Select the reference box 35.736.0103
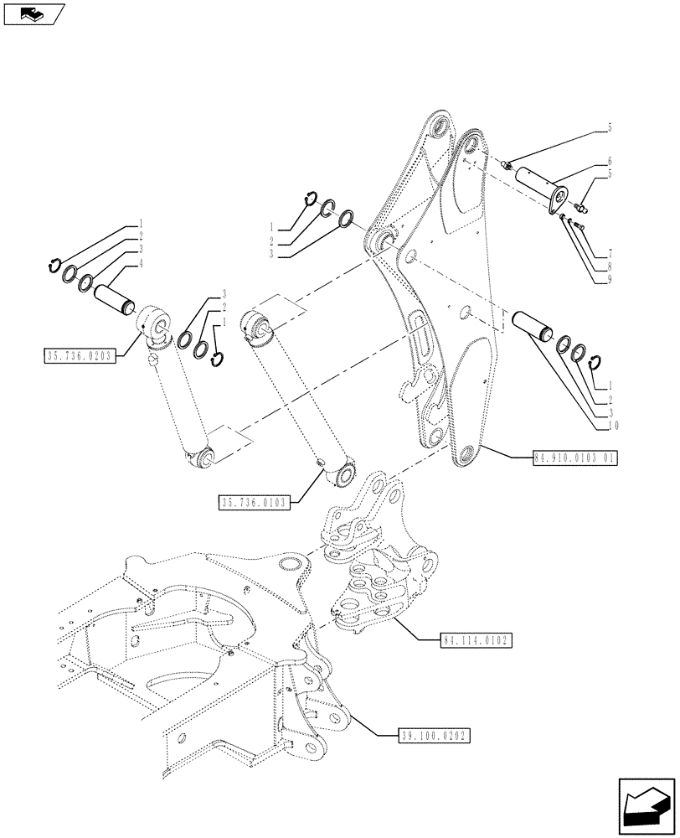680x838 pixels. pyautogui.click(x=254, y=503)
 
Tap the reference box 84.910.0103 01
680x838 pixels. pyautogui.click(x=574, y=458)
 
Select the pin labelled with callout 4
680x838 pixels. pyautogui.click(x=114, y=298)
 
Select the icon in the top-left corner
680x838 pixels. pyautogui.click(x=33, y=14)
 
